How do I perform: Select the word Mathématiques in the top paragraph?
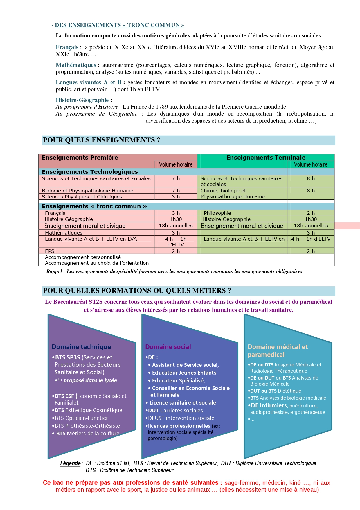point(76,65)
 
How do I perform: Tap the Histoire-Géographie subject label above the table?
point(82,100)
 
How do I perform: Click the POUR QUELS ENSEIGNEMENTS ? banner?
point(101,140)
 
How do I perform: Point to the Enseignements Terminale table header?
point(266,158)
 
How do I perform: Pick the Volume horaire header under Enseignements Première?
point(176,164)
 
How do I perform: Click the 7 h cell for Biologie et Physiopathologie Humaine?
point(176,191)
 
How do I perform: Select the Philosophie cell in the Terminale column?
point(217,213)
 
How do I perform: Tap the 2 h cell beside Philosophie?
point(311,213)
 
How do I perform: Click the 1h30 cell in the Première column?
point(176,219)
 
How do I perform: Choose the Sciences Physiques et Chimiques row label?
point(82,197)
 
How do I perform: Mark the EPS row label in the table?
point(50,251)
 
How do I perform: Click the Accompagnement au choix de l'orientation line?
point(97,263)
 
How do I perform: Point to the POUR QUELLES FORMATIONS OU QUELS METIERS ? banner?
point(137,291)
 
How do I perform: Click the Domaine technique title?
point(81,347)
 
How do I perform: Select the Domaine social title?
point(168,347)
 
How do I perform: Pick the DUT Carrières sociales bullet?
point(175,411)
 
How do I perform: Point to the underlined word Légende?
point(70,464)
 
